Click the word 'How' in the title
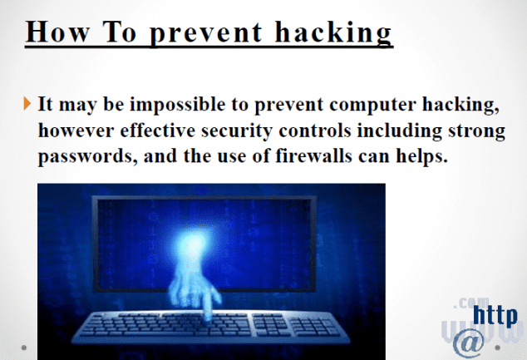pos(57,32)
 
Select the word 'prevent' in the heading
pos(205,33)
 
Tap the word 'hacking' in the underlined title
pos(333,33)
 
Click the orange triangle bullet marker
pos(27,103)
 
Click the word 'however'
pos(76,130)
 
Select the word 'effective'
pos(158,130)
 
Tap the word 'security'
pos(237,131)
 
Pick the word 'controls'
pos(315,130)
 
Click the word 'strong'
pos(476,131)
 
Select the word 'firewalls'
pos(314,155)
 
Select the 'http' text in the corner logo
pos(495,316)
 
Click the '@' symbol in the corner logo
pos(469,343)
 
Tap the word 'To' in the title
pos(119,32)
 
